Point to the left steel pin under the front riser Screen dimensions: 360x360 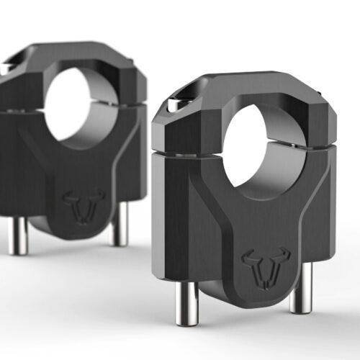click(182, 310)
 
